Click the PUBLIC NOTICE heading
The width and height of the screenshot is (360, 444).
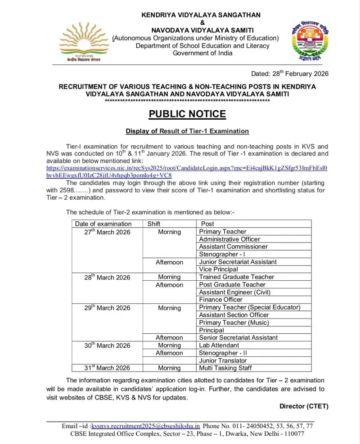pos(187,114)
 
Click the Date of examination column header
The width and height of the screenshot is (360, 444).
pos(103,224)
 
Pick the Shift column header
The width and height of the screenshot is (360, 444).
pos(154,224)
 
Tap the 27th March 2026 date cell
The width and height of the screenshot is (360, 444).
pos(108,232)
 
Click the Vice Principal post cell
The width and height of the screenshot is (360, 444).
pos(218,269)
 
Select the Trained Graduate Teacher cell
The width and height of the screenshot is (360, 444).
pos(236,277)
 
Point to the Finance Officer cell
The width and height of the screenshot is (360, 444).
pos(220,300)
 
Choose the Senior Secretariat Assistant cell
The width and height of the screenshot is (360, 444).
pos(238,337)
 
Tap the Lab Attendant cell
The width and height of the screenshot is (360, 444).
pos(219,345)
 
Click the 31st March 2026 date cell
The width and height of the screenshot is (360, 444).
pos(108,368)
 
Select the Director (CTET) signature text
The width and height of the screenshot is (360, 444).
pos(304,406)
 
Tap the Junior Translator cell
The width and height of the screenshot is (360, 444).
pos(223,360)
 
